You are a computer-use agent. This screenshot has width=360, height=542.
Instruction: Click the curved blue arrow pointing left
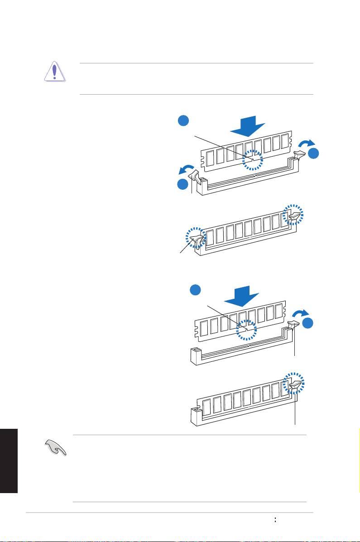(186, 169)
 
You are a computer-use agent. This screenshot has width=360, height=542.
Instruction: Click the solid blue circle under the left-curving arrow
(182, 184)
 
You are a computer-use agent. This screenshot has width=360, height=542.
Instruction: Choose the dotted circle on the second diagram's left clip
(196, 238)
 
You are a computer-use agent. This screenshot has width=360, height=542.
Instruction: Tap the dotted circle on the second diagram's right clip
(293, 214)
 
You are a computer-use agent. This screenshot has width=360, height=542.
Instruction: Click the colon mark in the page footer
(275, 521)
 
